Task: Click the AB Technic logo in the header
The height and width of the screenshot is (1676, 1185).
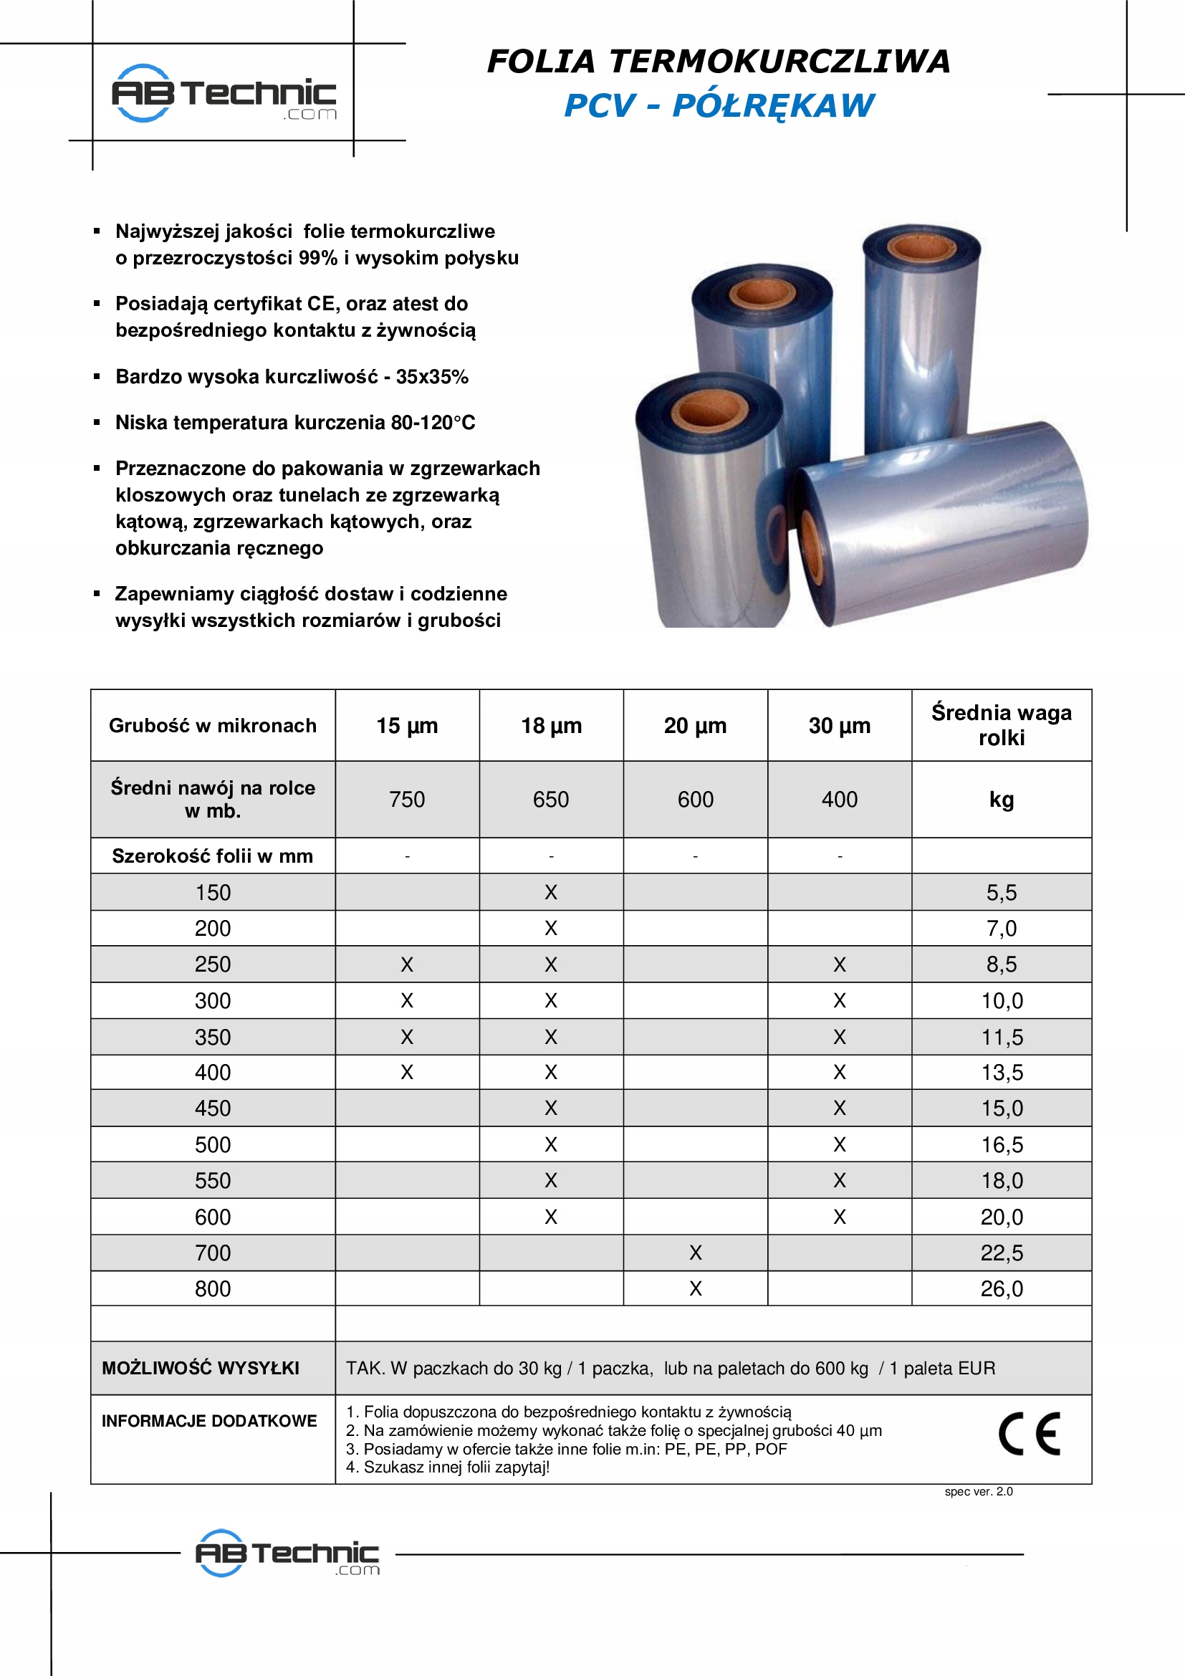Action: [x=224, y=93]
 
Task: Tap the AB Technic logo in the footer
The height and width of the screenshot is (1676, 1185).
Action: [x=287, y=1553]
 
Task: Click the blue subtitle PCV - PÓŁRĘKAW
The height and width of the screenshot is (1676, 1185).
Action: [x=719, y=105]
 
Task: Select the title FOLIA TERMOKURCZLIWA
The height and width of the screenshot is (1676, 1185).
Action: [x=719, y=62]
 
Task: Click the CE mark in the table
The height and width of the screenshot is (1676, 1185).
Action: [x=1029, y=1435]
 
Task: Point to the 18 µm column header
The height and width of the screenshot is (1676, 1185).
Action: [x=551, y=726]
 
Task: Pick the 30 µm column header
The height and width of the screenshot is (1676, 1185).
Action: [x=839, y=726]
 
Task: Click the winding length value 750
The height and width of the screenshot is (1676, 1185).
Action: [x=407, y=800]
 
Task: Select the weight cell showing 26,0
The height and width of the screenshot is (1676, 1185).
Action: [x=1001, y=1288]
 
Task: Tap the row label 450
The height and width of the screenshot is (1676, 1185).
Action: [x=212, y=1108]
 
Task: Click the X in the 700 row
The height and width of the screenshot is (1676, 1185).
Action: [x=696, y=1253]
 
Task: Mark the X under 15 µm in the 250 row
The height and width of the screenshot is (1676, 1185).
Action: [x=407, y=964]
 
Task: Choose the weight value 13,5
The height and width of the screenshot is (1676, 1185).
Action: [x=1001, y=1073]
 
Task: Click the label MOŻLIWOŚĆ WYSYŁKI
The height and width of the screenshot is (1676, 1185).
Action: [x=201, y=1368]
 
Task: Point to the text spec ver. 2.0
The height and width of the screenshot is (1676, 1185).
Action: [x=979, y=1491]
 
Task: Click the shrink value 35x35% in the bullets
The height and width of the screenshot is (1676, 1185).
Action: [x=432, y=377]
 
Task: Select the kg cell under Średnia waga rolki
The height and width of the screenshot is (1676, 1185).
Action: [x=1001, y=800]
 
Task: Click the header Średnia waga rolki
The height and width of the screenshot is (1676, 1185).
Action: [x=1001, y=725]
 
